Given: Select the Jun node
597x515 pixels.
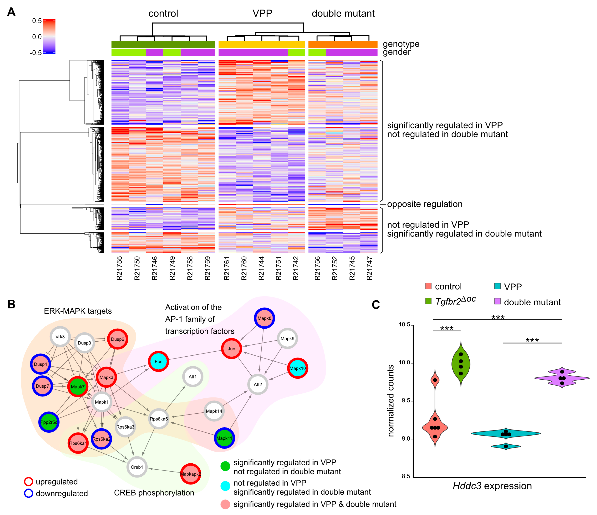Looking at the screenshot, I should click(231, 349).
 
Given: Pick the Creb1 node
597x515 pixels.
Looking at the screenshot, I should click(137, 467).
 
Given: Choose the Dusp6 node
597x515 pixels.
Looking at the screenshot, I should click(118, 339).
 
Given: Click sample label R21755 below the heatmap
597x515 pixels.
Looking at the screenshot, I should click(119, 268).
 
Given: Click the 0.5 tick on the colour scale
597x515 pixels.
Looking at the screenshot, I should click(37, 21).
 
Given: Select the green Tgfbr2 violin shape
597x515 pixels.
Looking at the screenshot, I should click(461, 364).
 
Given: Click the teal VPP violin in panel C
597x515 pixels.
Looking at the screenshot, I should click(506, 434).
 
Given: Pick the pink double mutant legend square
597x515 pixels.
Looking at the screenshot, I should click(497, 301).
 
